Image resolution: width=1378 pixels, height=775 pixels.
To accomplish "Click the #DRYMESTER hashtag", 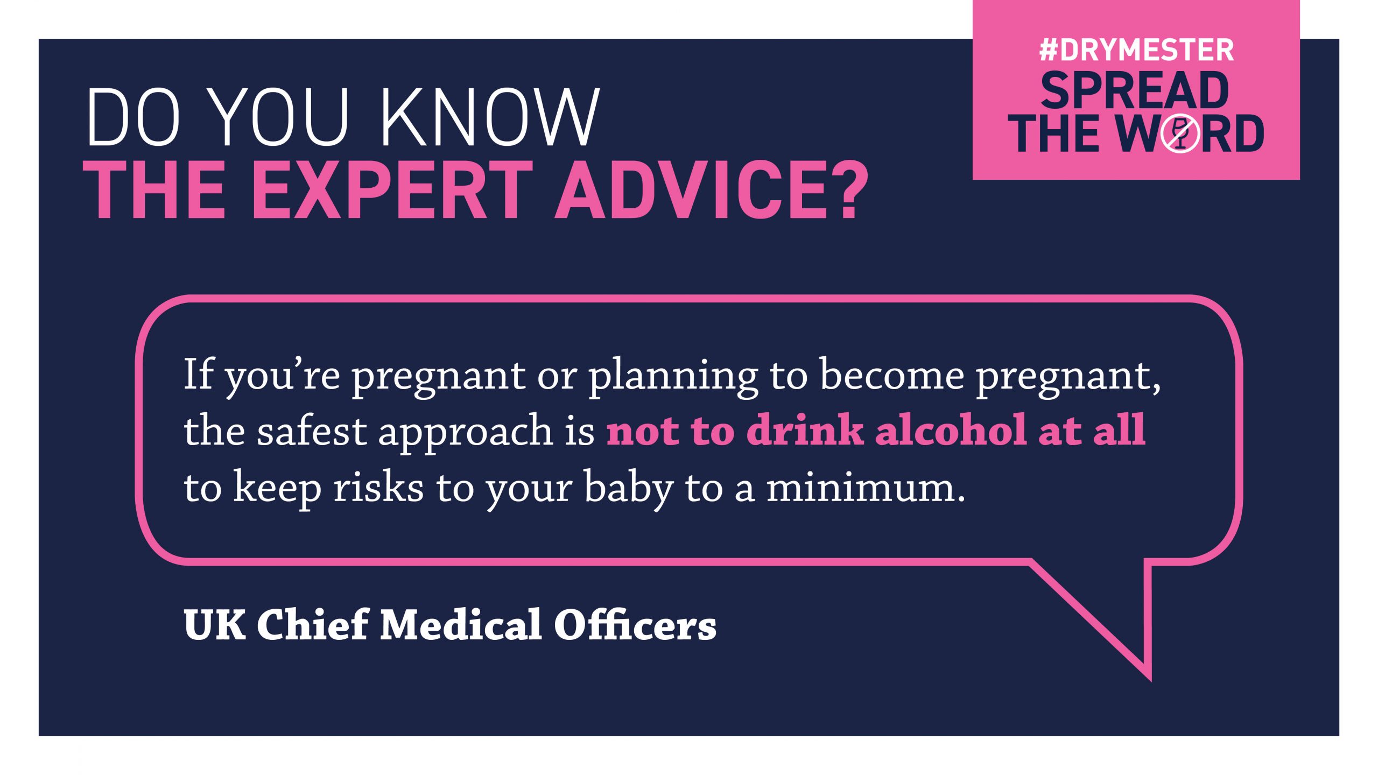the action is (1136, 50).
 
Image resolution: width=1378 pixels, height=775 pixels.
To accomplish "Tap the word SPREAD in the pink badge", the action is (1135, 90).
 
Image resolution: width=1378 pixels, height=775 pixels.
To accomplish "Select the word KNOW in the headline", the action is (491, 117).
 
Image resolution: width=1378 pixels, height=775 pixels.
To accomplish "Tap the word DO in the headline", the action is (132, 117).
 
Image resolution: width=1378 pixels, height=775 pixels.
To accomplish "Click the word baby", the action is (628, 489).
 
